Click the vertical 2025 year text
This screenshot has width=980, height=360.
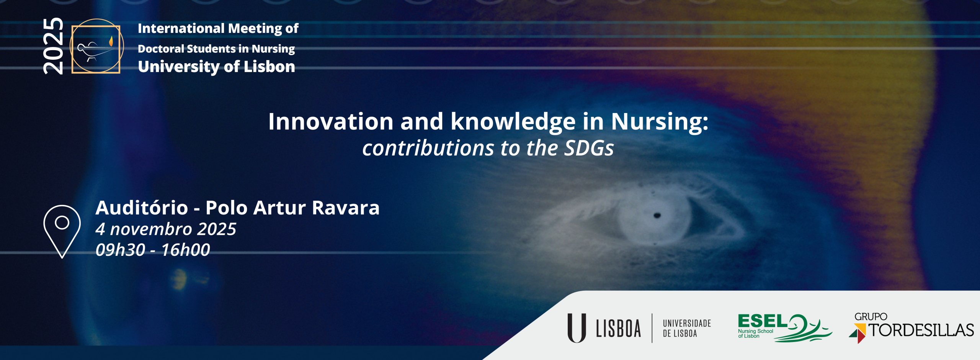point(53,46)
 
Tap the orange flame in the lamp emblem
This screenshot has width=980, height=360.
point(111,41)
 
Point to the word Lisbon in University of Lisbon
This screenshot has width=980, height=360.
point(269,67)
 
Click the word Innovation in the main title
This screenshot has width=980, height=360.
point(331,121)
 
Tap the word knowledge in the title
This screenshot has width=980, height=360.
point(513,122)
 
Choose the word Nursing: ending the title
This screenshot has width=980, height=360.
point(660,122)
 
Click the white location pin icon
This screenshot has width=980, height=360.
point(62,231)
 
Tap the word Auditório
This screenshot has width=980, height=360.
point(142,208)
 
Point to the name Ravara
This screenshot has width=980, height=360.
point(346,208)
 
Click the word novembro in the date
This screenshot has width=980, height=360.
point(151,229)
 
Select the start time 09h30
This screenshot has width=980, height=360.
point(120,250)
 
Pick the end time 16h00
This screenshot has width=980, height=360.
point(186,250)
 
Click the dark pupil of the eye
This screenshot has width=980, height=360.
point(657,215)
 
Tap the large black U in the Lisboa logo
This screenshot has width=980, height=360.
point(577,328)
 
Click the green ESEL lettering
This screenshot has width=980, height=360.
point(762,321)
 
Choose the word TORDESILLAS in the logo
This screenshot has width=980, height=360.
point(921,330)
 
